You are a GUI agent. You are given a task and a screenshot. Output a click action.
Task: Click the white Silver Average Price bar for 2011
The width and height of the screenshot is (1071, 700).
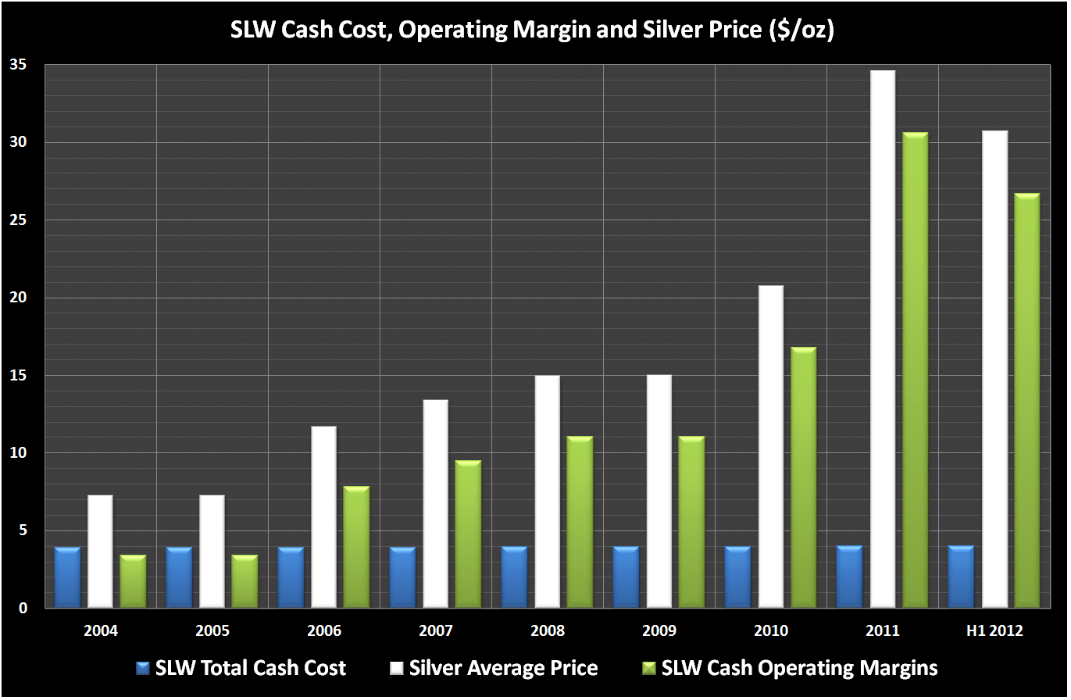click(882, 339)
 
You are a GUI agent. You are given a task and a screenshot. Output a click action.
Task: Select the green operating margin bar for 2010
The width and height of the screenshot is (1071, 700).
click(803, 477)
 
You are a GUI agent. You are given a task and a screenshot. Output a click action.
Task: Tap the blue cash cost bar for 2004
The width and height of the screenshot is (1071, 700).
click(67, 577)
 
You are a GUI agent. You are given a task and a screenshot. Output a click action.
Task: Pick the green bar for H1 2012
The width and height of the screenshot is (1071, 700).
click(1026, 401)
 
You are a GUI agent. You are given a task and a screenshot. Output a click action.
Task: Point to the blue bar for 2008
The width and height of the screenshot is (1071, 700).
click(514, 577)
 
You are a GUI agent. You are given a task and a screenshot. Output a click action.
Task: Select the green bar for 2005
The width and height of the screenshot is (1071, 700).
click(245, 581)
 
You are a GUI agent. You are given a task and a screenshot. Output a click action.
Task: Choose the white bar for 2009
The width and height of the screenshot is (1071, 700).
click(659, 491)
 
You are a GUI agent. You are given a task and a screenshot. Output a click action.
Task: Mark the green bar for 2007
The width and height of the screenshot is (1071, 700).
click(468, 534)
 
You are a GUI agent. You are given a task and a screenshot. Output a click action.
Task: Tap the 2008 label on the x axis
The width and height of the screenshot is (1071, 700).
click(548, 630)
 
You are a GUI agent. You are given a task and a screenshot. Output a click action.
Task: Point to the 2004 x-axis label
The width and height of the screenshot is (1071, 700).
click(101, 630)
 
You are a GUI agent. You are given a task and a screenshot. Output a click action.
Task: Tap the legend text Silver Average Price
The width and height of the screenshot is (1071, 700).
click(503, 669)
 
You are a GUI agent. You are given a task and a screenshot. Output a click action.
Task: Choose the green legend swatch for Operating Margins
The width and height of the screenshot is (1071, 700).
click(648, 669)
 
